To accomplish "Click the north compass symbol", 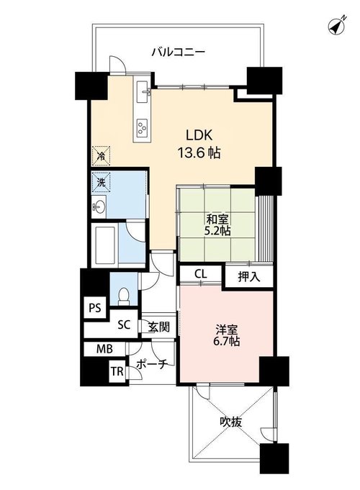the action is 337,24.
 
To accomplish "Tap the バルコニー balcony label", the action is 179,52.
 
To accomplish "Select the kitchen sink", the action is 143,91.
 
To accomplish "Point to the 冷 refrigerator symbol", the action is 101,155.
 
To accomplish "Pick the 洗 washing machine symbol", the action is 101,181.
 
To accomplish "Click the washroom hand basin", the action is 99,207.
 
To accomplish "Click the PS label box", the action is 95,308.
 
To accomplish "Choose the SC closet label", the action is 124,325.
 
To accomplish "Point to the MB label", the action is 104,348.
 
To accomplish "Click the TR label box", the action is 117,371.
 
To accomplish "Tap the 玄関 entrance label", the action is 159,327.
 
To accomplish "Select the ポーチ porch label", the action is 153,363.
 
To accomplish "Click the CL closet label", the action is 200,274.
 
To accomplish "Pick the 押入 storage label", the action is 249,276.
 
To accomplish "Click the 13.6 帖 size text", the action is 199,153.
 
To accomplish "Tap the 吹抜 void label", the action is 230,422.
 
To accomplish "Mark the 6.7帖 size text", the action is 227,342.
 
